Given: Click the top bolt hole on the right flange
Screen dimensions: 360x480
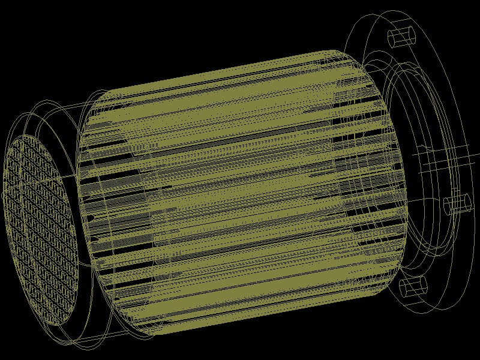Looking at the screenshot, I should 402,37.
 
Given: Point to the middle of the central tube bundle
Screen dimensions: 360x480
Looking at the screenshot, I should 240,192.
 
